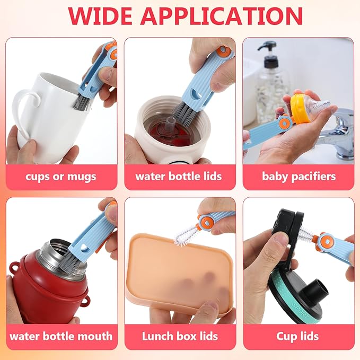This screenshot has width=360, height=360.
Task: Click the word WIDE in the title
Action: pos(100,15)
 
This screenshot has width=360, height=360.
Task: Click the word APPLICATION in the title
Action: pos(222,15)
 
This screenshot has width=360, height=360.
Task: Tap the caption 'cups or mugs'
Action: pos(61,177)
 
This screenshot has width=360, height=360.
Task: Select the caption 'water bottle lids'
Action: pos(179,177)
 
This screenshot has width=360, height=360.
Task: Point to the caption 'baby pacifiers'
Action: pos(298,177)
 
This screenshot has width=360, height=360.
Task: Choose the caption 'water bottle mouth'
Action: pos(61,336)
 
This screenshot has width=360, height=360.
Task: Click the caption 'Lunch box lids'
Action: pos(180,336)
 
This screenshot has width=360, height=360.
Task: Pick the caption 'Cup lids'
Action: pos(297,337)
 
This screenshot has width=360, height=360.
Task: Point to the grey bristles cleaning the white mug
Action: pos(81,102)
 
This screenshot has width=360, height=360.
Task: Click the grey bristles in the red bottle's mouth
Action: pos(69,261)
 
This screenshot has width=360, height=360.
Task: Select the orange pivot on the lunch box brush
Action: pos(207,223)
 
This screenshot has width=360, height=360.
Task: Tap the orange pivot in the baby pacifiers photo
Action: pos(285,124)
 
